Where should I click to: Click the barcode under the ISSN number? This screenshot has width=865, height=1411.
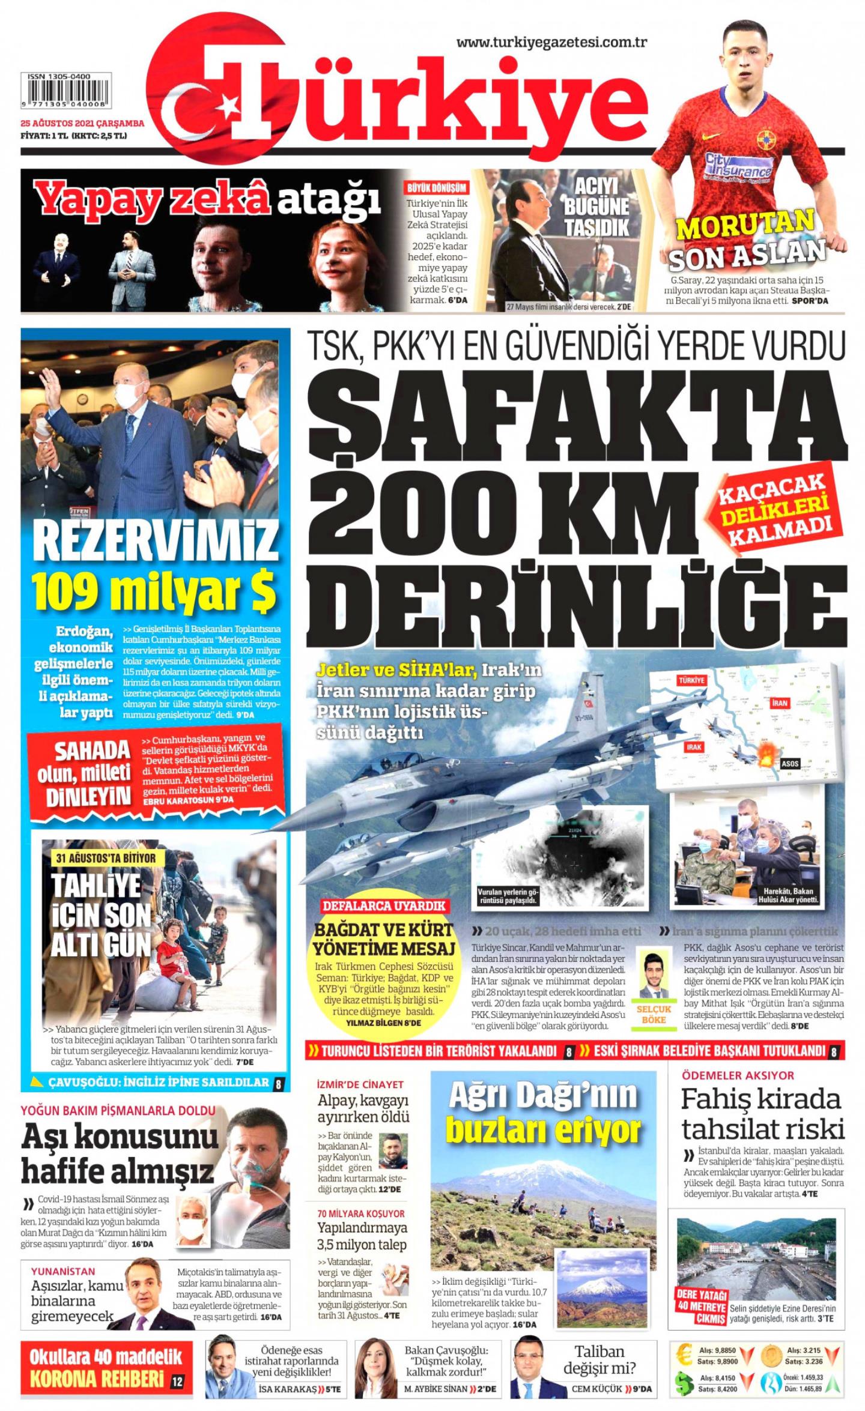[67, 92]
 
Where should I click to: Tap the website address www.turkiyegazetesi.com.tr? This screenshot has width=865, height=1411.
[551, 42]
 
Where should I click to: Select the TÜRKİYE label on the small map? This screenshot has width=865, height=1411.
[691, 680]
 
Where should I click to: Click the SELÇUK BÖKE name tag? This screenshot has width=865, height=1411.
[654, 1014]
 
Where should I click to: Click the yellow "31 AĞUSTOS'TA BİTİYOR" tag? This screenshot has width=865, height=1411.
[106, 858]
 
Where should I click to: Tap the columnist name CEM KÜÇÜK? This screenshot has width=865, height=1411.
[596, 1389]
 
